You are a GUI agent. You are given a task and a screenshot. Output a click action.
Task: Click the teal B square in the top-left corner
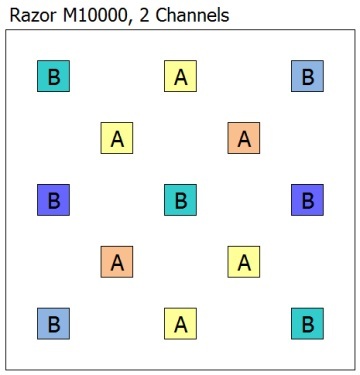[53, 76]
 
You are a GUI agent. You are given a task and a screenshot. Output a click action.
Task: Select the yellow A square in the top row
[180, 76]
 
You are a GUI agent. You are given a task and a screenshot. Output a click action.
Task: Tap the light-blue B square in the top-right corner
[307, 76]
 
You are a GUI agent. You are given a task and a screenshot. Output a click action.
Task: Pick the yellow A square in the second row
[117, 138]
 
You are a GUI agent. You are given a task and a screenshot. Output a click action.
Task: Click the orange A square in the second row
[244, 138]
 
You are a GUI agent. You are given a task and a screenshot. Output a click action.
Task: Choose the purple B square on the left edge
[53, 200]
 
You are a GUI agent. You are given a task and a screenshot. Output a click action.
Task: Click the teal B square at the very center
[180, 200]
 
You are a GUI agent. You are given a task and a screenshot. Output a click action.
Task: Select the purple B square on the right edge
[307, 200]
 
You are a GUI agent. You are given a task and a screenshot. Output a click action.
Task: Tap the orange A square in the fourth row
[117, 262]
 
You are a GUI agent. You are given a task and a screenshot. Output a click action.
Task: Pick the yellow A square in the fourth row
[244, 262]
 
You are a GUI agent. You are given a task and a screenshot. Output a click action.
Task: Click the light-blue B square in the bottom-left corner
[53, 324]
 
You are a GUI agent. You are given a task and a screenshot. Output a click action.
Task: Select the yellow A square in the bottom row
[180, 324]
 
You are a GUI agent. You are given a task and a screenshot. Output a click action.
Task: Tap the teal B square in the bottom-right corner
[307, 324]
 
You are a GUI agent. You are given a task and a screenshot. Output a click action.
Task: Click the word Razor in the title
[29, 15]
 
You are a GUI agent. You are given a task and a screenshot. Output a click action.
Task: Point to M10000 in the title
[89, 15]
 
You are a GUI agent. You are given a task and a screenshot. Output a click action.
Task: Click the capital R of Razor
[14, 15]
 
